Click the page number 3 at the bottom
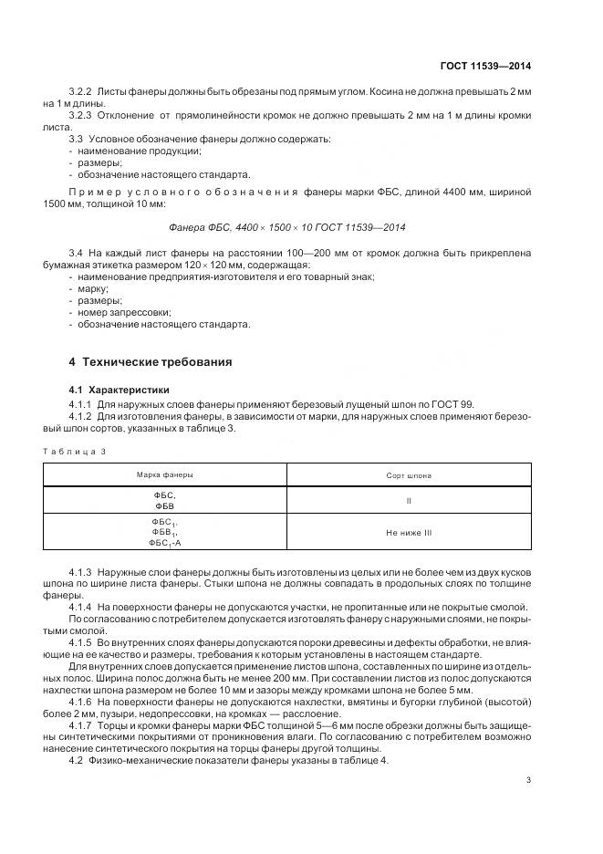pos(529,779)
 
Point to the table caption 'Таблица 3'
pos(75,451)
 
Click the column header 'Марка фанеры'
pos(164,475)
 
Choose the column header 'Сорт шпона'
pos(410,475)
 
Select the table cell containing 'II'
pos(410,500)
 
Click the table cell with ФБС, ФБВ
pos(164,500)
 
